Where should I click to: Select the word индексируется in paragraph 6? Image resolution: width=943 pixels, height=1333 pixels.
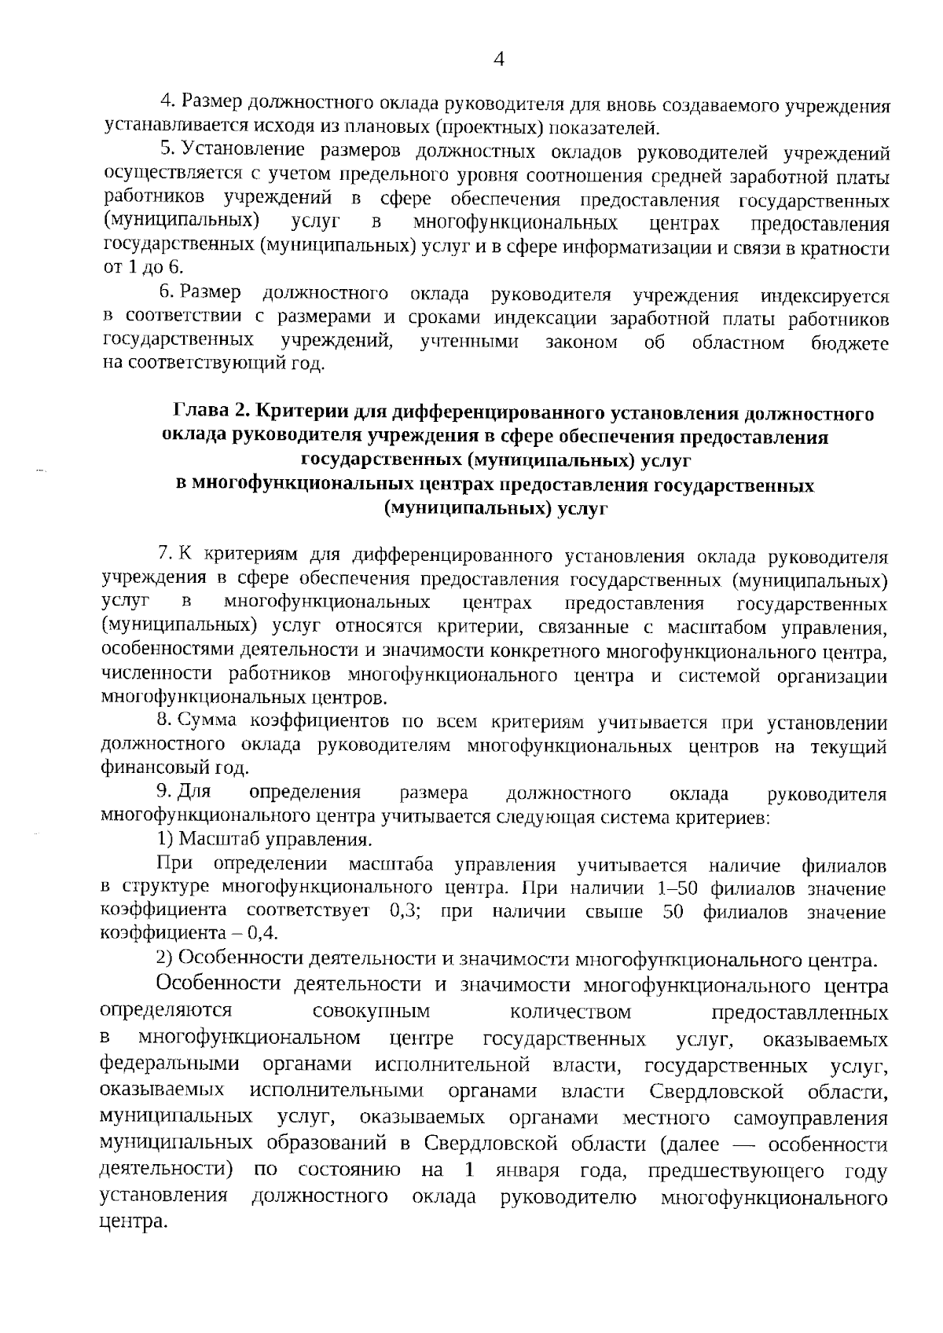[x=824, y=296]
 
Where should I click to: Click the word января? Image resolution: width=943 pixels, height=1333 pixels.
[x=527, y=1171]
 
